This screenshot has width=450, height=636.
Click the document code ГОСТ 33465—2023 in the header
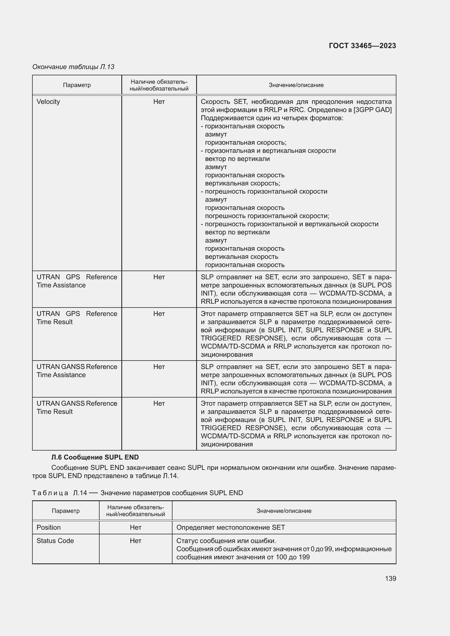coord(362,46)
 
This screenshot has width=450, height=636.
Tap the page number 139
coord(390,578)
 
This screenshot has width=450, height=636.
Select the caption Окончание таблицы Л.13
coord(73,67)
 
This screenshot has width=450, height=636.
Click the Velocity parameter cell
coord(48,102)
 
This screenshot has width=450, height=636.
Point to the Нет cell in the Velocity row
coord(159,102)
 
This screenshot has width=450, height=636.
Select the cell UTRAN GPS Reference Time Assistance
coord(77,281)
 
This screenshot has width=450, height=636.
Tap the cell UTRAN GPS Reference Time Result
coord(77,318)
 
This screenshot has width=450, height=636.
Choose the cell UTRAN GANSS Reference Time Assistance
coord(77,371)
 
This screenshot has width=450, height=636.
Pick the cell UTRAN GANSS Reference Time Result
coord(77,407)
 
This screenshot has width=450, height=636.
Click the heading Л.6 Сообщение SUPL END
coord(95,457)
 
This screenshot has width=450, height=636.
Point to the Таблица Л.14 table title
coord(137,493)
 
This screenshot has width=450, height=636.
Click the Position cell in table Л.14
coord(48,528)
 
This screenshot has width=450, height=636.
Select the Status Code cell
coord(55,541)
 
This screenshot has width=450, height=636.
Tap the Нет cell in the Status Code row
coord(135,541)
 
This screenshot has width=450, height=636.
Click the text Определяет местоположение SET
coord(230,528)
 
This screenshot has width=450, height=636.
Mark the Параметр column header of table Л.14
coord(65,511)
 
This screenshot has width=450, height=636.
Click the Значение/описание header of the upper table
coord(296,85)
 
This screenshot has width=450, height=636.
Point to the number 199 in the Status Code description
coord(304,557)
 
